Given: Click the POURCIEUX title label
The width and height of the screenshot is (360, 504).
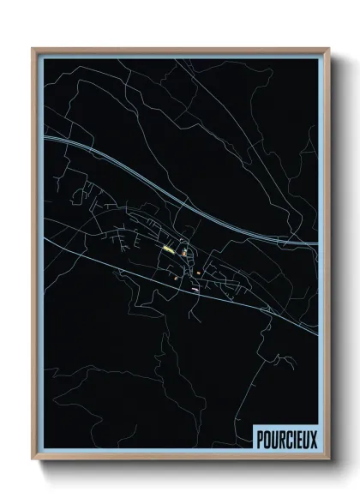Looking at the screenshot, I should tap(285, 438).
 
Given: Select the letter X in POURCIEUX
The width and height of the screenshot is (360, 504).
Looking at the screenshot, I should tap(313, 438).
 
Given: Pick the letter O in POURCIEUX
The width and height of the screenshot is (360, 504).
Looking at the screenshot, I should tap(265, 438).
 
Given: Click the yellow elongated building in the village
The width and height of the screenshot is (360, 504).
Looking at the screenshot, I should tap(168, 249).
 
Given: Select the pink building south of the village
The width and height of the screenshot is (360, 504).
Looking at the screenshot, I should tap(195, 289).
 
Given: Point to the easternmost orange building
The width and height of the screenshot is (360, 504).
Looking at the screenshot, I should tap(199, 273).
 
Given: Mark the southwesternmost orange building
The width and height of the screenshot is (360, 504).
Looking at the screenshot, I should tap(175, 277).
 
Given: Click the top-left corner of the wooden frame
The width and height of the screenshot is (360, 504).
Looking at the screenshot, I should tap(33, 49).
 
